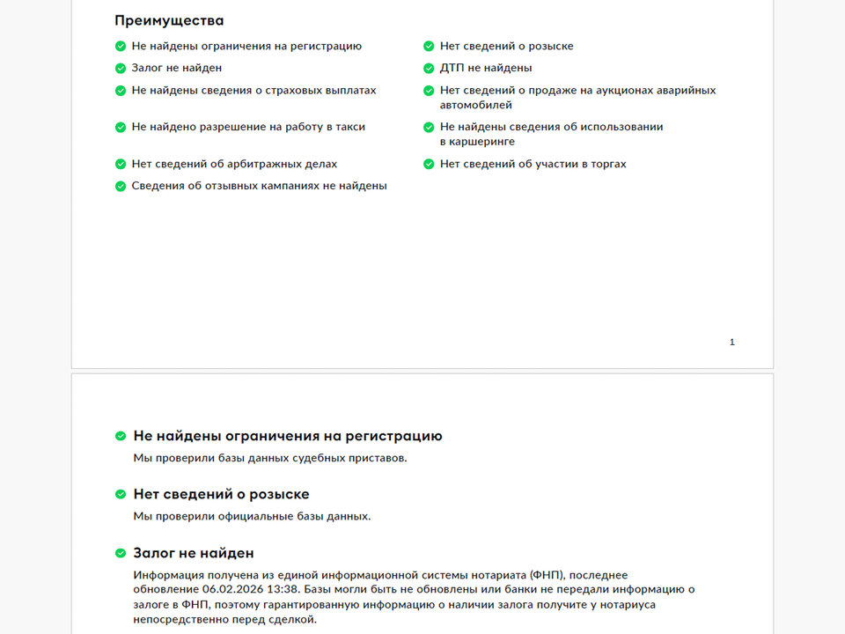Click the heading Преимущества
tap(169, 20)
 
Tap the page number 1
tap(732, 342)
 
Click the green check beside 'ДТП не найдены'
tap(429, 68)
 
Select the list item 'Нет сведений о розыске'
tap(506, 46)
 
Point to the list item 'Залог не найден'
tap(176, 68)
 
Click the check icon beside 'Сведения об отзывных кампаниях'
tap(121, 186)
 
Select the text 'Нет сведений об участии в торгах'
tap(533, 164)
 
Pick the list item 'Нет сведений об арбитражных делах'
tap(234, 164)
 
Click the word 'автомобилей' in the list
tap(476, 105)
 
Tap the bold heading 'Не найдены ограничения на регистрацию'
tap(287, 436)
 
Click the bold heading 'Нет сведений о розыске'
tap(221, 494)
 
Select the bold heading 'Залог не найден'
tap(193, 553)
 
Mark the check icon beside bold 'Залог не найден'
tap(121, 553)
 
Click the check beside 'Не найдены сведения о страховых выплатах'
tap(121, 91)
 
